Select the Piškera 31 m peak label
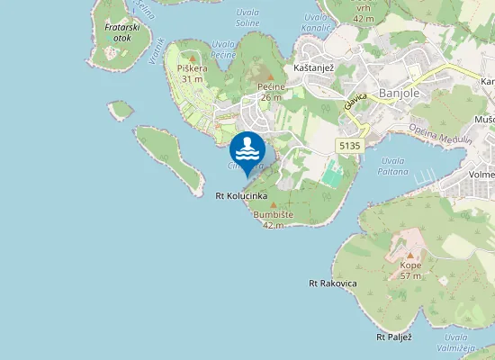pyautogui.click(x=192, y=73)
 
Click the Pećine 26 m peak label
pyautogui.click(x=271, y=91)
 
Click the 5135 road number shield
pyautogui.click(x=350, y=145)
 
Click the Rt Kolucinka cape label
pyautogui.click(x=241, y=195)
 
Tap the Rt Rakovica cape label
pyautogui.click(x=333, y=283)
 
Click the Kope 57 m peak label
pyautogui.click(x=410, y=271)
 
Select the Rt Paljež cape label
pyautogui.click(x=393, y=337)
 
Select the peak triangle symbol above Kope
pyautogui.click(x=410, y=256)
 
